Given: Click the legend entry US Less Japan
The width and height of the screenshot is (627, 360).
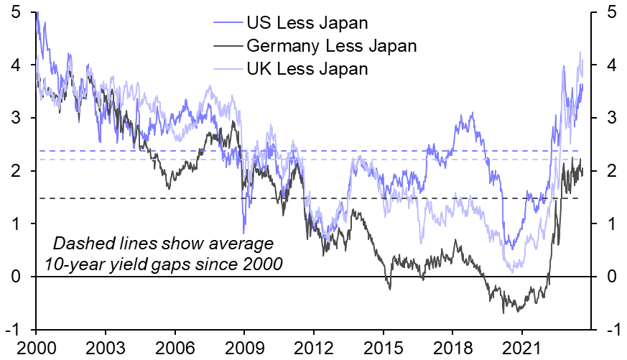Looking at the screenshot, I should (x=307, y=23).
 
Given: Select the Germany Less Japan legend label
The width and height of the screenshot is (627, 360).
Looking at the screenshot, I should (x=331, y=46).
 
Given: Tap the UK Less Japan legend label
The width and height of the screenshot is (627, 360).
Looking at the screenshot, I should (x=307, y=69).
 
